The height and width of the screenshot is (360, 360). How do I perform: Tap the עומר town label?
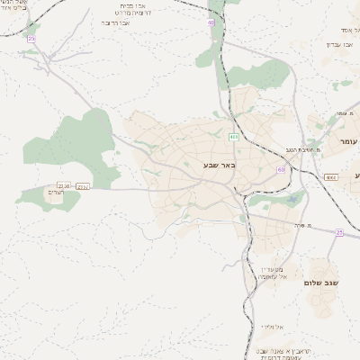[x=347, y=142]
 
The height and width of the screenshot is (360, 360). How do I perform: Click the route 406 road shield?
[x=233, y=137]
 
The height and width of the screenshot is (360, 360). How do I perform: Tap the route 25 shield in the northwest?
[x=31, y=39]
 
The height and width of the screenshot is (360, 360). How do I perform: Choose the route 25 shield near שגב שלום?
[x=338, y=232]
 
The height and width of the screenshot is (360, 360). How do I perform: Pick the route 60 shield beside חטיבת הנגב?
[x=281, y=169]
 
